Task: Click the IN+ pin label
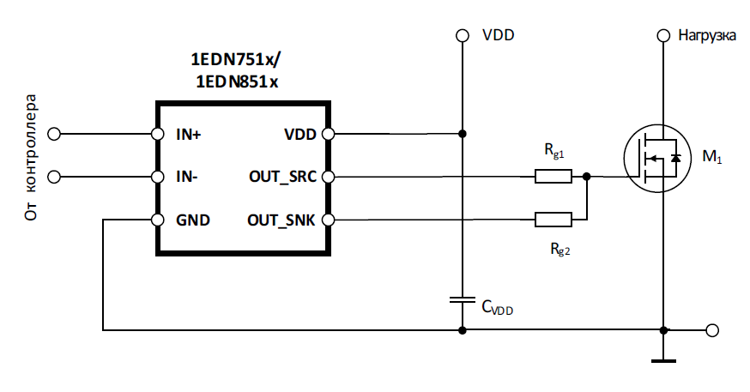(x=189, y=135)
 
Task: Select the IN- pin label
(x=186, y=177)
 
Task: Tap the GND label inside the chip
(x=193, y=220)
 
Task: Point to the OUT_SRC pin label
(x=282, y=177)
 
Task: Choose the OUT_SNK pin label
(x=281, y=220)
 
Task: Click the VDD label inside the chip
(x=300, y=135)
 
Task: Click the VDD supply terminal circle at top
(x=462, y=35)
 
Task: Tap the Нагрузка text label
(x=707, y=36)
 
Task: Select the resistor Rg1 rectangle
(x=553, y=177)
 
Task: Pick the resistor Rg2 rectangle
(x=553, y=220)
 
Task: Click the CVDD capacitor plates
(x=462, y=299)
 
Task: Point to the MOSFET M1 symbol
(x=657, y=159)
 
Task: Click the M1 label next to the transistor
(x=711, y=157)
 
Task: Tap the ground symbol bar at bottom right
(x=663, y=361)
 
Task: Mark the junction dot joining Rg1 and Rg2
(x=587, y=177)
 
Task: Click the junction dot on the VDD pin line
(x=462, y=134)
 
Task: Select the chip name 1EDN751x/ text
(x=236, y=60)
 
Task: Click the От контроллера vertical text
(x=30, y=157)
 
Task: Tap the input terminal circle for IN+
(x=54, y=134)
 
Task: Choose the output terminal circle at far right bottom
(x=712, y=330)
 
